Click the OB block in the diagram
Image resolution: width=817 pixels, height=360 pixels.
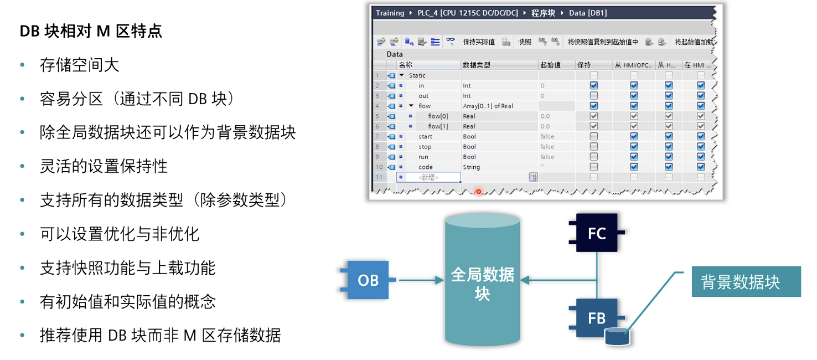coord(368,280)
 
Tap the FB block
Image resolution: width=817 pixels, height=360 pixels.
coord(596,318)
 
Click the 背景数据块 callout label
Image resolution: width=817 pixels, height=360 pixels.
coord(740,282)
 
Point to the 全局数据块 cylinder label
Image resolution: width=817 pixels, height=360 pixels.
coord(482,284)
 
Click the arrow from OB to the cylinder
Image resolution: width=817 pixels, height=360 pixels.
coord(421,280)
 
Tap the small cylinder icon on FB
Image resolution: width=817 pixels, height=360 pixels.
coord(618,336)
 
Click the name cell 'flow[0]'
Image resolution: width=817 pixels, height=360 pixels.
coord(438,116)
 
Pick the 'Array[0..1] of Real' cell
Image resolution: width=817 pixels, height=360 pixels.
coord(488,106)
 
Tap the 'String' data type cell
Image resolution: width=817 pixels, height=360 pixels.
coord(472,167)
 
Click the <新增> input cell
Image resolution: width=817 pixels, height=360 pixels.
coord(428,177)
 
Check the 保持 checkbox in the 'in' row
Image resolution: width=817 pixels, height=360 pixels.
coord(594,86)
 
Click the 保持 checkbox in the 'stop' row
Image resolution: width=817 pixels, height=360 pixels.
coord(594,147)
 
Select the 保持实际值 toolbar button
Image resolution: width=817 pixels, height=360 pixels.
coord(479,42)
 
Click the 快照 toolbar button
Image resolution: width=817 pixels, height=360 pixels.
coord(525,42)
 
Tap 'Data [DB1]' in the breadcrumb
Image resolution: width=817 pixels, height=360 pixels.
coord(588,13)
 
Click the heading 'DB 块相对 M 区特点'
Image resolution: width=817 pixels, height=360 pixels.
coord(91,31)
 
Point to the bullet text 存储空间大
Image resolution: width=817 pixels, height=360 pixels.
coord(79,65)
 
